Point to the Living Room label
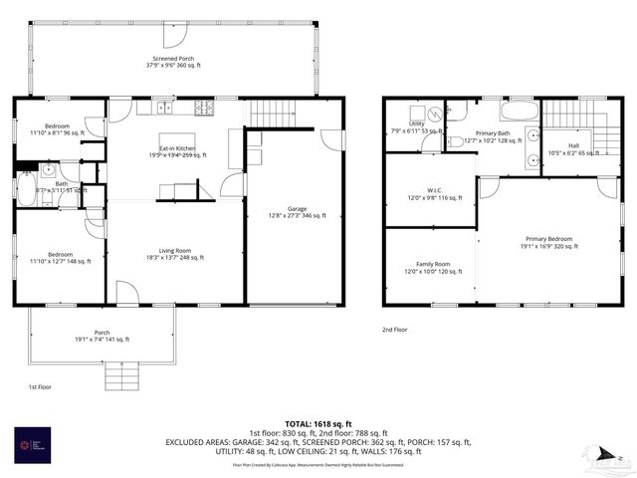pyautogui.click(x=174, y=254)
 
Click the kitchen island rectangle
pyautogui.click(x=178, y=139)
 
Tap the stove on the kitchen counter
pyautogui.click(x=203, y=107)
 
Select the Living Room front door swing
pyautogui.click(x=126, y=292)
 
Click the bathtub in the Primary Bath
pyautogui.click(x=519, y=110)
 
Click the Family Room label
pyautogui.click(x=427, y=268)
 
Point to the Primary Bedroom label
pyautogui.click(x=549, y=242)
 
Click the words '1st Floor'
pyautogui.click(x=40, y=386)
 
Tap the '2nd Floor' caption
pyautogui.click(x=395, y=329)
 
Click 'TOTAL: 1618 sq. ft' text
pyautogui.click(x=318, y=422)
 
